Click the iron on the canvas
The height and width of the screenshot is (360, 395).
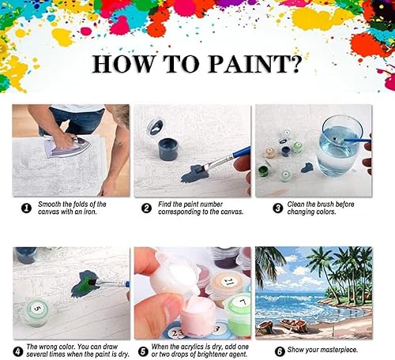tap(66, 144)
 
